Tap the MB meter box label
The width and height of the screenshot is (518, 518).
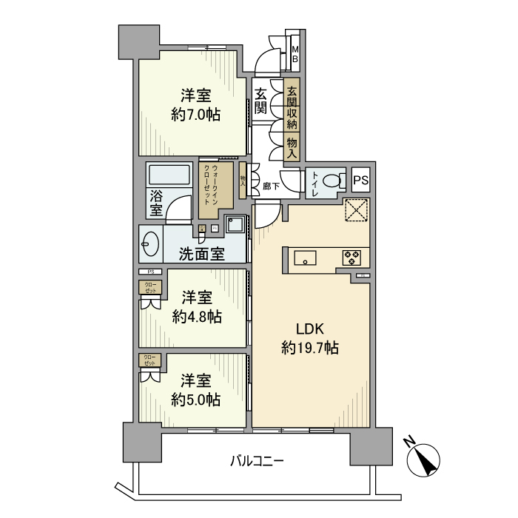(x=295, y=55)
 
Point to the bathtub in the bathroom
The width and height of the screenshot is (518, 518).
(x=171, y=175)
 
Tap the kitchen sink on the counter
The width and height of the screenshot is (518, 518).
(x=305, y=258)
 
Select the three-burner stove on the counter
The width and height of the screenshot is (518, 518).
(x=351, y=258)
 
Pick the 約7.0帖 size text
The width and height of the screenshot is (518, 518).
(x=197, y=115)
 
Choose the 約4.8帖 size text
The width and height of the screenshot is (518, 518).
(x=197, y=317)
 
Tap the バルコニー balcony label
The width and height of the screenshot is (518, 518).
(x=256, y=461)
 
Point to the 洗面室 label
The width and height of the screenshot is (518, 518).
(x=202, y=254)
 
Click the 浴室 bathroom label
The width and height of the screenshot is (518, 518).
(x=156, y=204)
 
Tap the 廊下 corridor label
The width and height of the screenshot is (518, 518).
(x=272, y=186)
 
